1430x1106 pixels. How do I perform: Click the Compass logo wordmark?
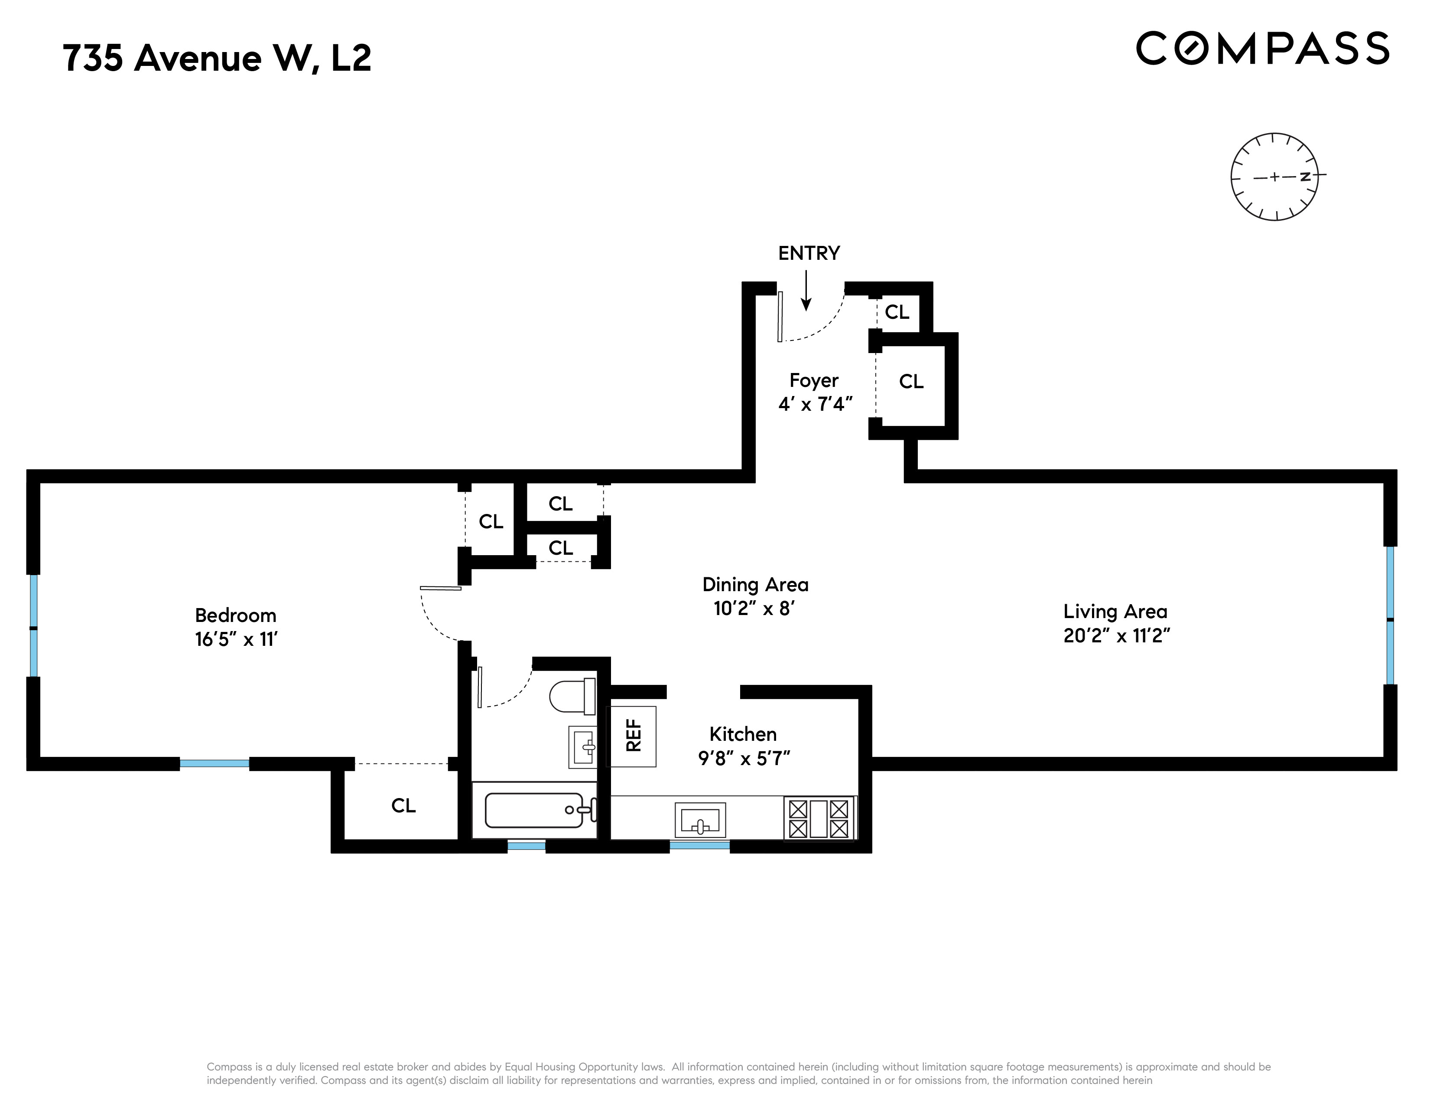click(1262, 49)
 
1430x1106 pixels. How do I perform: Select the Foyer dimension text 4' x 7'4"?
click(815, 404)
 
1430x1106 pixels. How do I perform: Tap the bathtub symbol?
click(533, 811)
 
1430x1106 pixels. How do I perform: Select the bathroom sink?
click(582, 746)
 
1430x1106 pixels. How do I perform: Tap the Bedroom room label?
click(236, 615)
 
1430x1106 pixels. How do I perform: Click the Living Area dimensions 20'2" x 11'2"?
click(1116, 635)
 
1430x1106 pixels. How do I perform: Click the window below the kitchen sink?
click(699, 846)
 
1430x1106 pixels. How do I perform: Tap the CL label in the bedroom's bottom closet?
click(403, 806)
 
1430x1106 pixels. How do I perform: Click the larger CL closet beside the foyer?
click(911, 382)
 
